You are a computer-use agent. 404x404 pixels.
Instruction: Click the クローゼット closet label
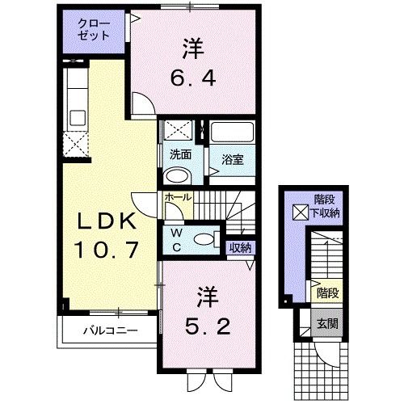94,30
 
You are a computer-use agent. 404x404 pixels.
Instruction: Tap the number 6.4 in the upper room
193,78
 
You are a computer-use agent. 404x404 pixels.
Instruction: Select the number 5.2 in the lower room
208,326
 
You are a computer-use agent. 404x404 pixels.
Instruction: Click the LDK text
106,221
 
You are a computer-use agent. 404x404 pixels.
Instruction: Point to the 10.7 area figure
106,250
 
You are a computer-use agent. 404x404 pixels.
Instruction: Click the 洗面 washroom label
180,154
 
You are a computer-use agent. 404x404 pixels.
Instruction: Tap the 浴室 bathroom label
232,159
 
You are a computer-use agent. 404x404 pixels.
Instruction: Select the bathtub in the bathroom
232,132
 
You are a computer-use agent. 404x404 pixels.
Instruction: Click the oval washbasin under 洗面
178,176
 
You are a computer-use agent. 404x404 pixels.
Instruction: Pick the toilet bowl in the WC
204,239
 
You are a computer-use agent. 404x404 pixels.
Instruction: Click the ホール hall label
178,197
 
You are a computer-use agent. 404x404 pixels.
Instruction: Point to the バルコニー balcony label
110,330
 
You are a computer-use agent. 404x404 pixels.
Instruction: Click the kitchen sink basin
78,118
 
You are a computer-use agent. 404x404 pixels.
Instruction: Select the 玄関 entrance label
327,323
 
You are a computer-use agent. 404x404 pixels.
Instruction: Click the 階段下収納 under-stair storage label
326,207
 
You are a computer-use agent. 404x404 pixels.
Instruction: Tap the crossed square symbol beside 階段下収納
301,213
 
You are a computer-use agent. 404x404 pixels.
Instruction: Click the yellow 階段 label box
327,292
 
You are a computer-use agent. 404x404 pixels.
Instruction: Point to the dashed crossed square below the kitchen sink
75,145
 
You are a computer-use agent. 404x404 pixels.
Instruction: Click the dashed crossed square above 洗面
178,131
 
